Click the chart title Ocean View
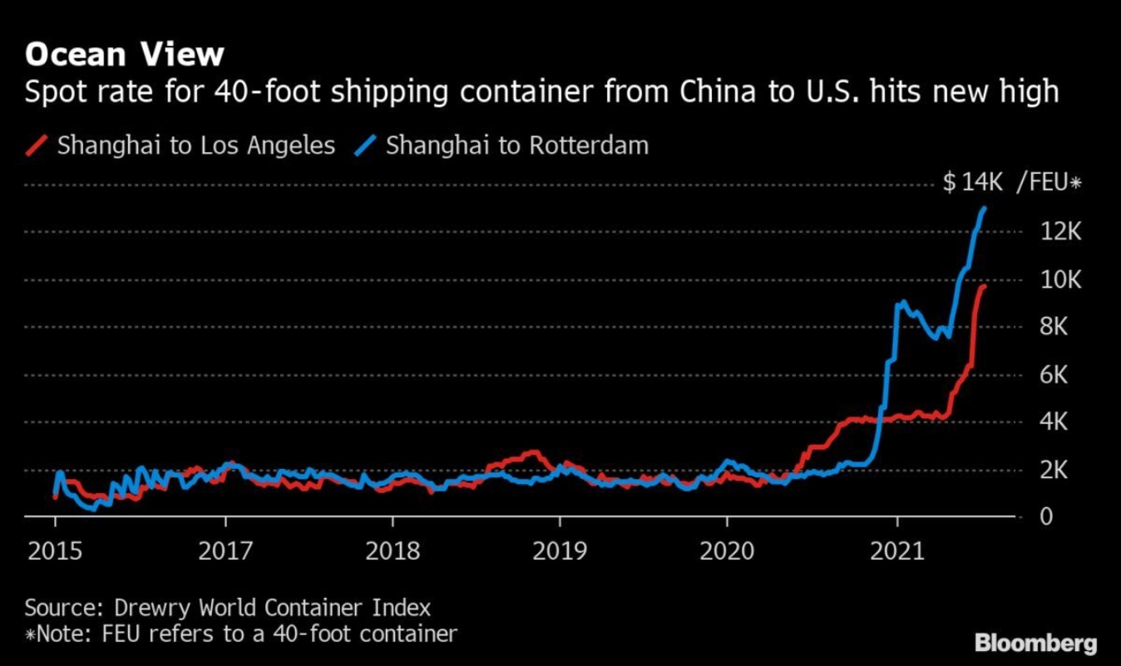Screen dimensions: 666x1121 point(125,54)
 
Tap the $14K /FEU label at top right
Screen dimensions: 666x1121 point(1011,183)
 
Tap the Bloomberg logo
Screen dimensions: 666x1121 point(1035,644)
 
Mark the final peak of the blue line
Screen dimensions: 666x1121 point(985,208)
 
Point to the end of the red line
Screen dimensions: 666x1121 point(984,286)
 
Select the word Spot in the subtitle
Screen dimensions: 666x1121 point(52,91)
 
